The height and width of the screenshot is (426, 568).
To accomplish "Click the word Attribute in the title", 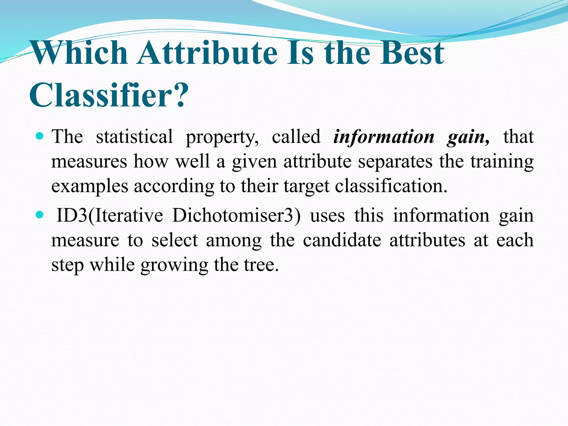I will click(x=208, y=53).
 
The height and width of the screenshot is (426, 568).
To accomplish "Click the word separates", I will click(x=395, y=162).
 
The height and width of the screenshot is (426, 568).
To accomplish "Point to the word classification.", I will click(x=391, y=186).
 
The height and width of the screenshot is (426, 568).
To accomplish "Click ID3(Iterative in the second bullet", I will click(x=110, y=215).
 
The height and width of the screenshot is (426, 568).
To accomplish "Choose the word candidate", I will click(x=342, y=240).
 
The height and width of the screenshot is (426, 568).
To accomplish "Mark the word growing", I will click(x=174, y=265).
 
